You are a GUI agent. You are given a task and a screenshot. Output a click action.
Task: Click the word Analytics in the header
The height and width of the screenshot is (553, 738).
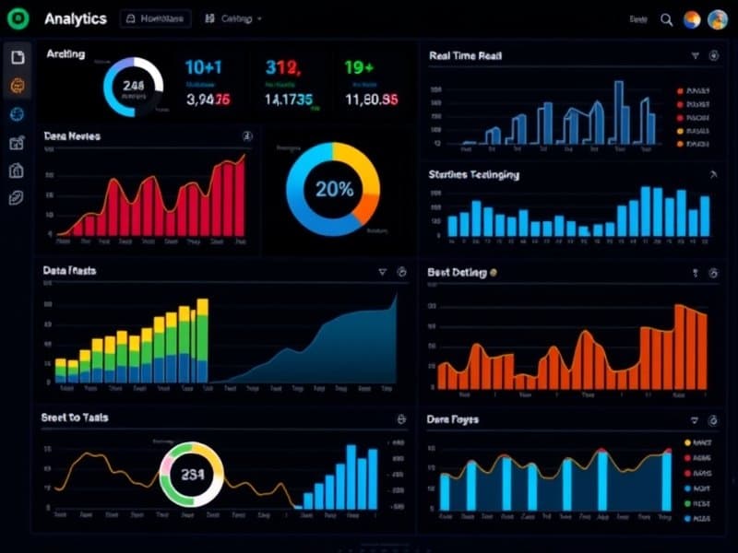click(75, 18)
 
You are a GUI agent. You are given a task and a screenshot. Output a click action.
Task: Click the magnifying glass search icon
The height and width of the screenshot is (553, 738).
click(666, 19)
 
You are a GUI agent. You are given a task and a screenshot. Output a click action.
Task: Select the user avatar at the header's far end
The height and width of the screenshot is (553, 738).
click(718, 19)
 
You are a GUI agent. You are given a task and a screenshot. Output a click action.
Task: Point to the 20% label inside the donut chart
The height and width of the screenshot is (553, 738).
click(334, 190)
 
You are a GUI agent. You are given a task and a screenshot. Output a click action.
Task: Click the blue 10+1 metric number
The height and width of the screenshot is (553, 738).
click(203, 66)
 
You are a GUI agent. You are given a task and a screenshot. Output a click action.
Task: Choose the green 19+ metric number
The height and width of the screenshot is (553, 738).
click(359, 66)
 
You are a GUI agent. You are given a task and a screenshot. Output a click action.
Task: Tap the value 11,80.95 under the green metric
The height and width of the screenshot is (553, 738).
click(371, 100)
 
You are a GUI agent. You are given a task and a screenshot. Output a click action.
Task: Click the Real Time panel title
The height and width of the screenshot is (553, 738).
click(465, 56)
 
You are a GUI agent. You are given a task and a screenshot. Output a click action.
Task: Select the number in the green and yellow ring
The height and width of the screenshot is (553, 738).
click(193, 476)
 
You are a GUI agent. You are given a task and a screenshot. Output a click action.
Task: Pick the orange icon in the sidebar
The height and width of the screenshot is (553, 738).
click(18, 86)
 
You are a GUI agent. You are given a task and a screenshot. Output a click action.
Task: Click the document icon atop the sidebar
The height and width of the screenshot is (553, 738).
click(18, 57)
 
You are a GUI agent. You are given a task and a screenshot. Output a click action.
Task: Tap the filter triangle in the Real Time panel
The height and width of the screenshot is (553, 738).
click(695, 56)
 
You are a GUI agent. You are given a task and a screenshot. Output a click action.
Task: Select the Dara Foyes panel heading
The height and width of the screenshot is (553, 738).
click(452, 419)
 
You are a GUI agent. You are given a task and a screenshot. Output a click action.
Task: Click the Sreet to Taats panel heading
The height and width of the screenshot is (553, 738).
click(75, 418)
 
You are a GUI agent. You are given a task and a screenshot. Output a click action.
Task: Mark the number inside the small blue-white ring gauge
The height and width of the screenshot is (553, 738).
click(133, 87)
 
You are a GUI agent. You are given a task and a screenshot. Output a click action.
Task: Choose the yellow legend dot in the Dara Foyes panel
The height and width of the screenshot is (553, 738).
click(687, 442)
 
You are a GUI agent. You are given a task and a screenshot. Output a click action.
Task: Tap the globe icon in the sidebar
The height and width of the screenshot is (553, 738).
click(18, 114)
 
